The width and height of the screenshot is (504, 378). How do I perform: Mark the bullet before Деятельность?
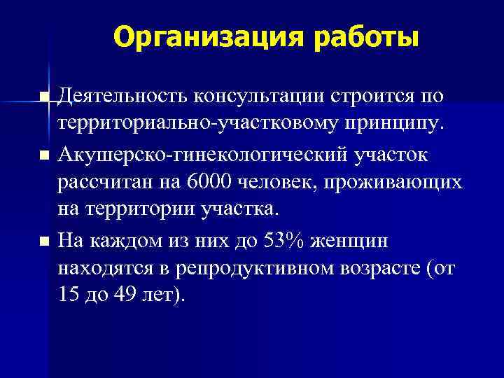45,97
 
